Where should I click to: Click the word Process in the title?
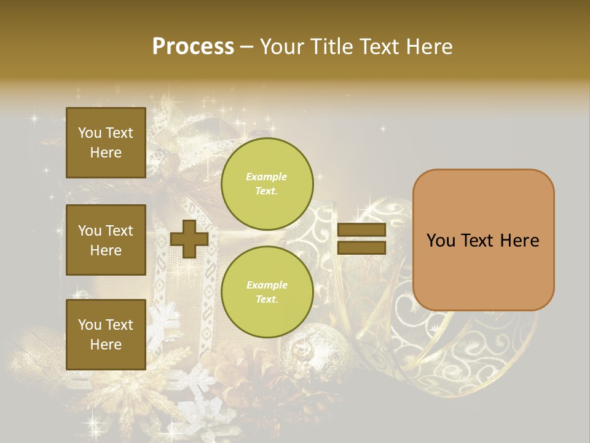pyautogui.click(x=193, y=47)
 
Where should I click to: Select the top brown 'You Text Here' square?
pyautogui.click(x=106, y=143)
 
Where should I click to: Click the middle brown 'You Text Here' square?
pyautogui.click(x=106, y=240)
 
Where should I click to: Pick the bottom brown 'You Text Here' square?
pyautogui.click(x=106, y=335)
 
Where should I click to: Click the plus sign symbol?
pyautogui.click(x=189, y=239)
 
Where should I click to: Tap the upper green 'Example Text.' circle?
pyautogui.click(x=267, y=184)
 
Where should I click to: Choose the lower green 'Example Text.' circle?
pyautogui.click(x=267, y=292)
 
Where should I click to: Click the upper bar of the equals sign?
pyautogui.click(x=361, y=230)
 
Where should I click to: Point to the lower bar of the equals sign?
pyautogui.click(x=361, y=247)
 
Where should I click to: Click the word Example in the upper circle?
pyautogui.click(x=267, y=177)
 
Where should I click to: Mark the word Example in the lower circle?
pyautogui.click(x=267, y=285)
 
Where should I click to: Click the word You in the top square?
pyautogui.click(x=90, y=133)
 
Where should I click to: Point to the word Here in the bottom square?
pyautogui.click(x=106, y=345)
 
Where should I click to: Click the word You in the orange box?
pyautogui.click(x=441, y=241)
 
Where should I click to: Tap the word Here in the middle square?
pyautogui.click(x=106, y=250)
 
